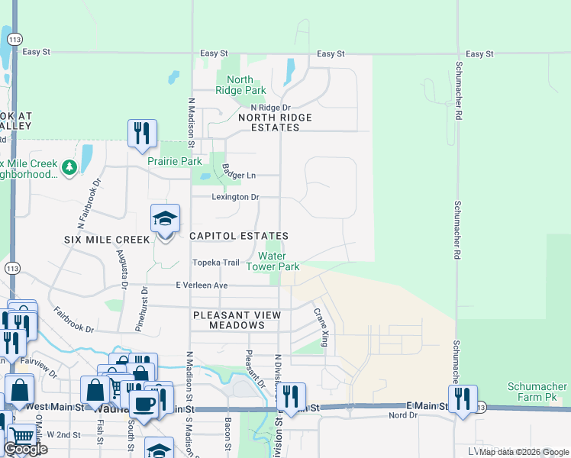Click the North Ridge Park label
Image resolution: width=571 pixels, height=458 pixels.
(240, 85)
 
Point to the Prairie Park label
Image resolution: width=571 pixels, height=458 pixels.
(175, 161)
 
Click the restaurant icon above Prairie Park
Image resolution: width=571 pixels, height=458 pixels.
(142, 134)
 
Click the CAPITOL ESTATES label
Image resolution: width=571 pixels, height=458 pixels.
(239, 237)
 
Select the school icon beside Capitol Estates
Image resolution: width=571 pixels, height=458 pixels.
(165, 220)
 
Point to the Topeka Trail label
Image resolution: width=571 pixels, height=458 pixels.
(215, 263)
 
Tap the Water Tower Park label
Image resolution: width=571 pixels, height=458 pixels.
(273, 262)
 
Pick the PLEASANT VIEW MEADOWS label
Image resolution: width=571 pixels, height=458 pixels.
(237, 320)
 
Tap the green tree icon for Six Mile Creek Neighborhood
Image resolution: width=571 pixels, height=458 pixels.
(69, 166)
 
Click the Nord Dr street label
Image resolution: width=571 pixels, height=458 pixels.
(402, 415)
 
